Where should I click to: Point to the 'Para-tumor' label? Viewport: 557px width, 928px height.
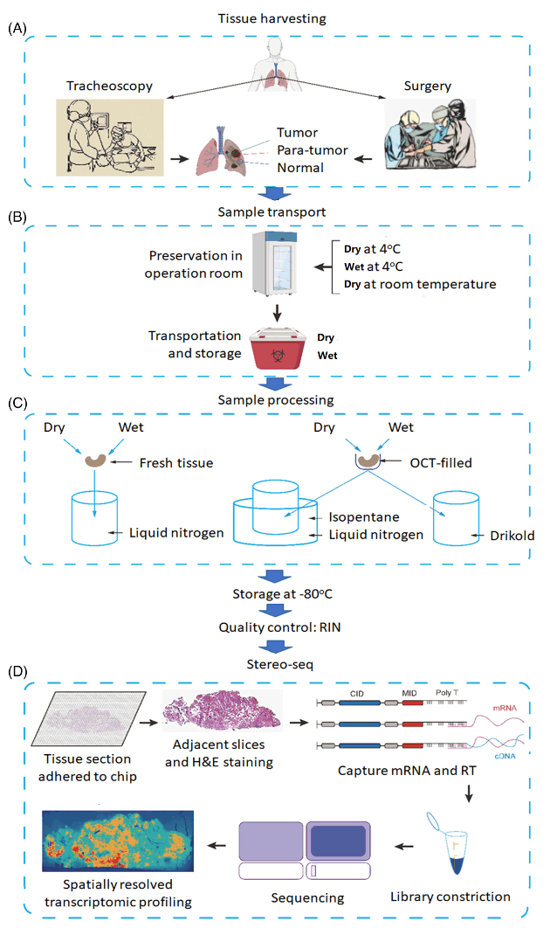[x=312, y=150]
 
